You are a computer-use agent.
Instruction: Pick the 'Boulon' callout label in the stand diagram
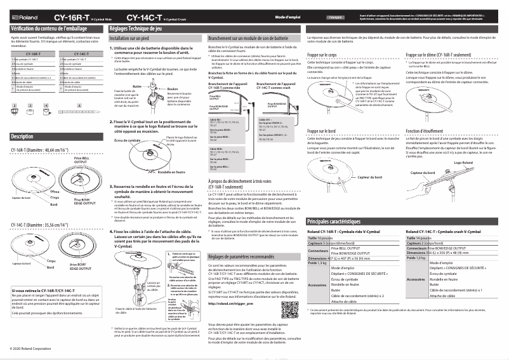(x=172, y=90)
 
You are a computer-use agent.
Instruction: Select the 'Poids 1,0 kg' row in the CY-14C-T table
(x=415, y=257)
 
